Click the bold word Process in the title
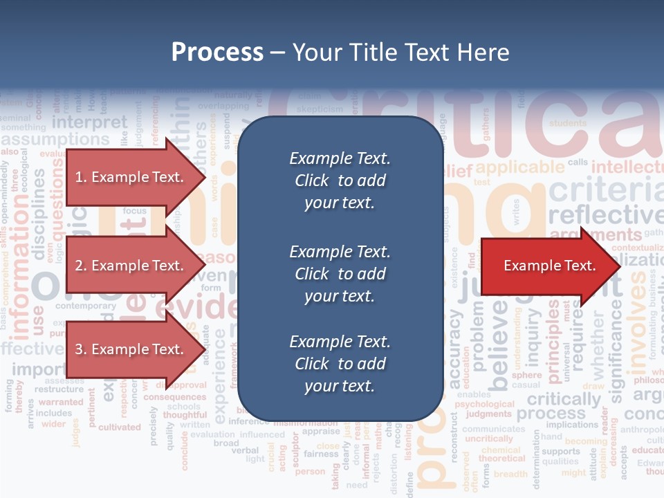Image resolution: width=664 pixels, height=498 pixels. tap(217, 53)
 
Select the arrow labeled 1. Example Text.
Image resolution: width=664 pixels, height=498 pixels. tap(130, 177)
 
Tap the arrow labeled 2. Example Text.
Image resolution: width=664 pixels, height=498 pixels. tap(130, 266)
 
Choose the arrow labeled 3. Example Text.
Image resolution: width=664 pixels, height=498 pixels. tap(130, 349)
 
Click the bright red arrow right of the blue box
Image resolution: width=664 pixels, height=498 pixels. tap(550, 266)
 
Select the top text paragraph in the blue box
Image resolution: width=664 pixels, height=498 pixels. tap(340, 181)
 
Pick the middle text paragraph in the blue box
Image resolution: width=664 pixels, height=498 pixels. tap(340, 274)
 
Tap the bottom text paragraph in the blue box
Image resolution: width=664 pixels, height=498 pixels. tap(340, 364)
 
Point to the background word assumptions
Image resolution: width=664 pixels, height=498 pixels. tap(55, 140)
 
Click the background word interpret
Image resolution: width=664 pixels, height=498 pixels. tap(90, 122)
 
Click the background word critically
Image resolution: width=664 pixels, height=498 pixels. tap(564, 398)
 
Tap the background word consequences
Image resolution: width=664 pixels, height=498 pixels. tap(174, 397)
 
